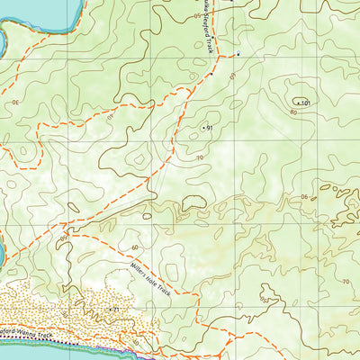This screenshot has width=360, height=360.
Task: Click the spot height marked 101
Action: tap(305, 103)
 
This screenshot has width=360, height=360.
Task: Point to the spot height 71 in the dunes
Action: tap(115, 310)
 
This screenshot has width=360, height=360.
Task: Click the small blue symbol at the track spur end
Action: tap(238, 54)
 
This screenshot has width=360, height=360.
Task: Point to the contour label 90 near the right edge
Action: tap(304, 198)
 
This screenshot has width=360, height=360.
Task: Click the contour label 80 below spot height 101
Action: tap(292, 114)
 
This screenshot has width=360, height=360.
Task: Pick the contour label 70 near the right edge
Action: tap(345, 281)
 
